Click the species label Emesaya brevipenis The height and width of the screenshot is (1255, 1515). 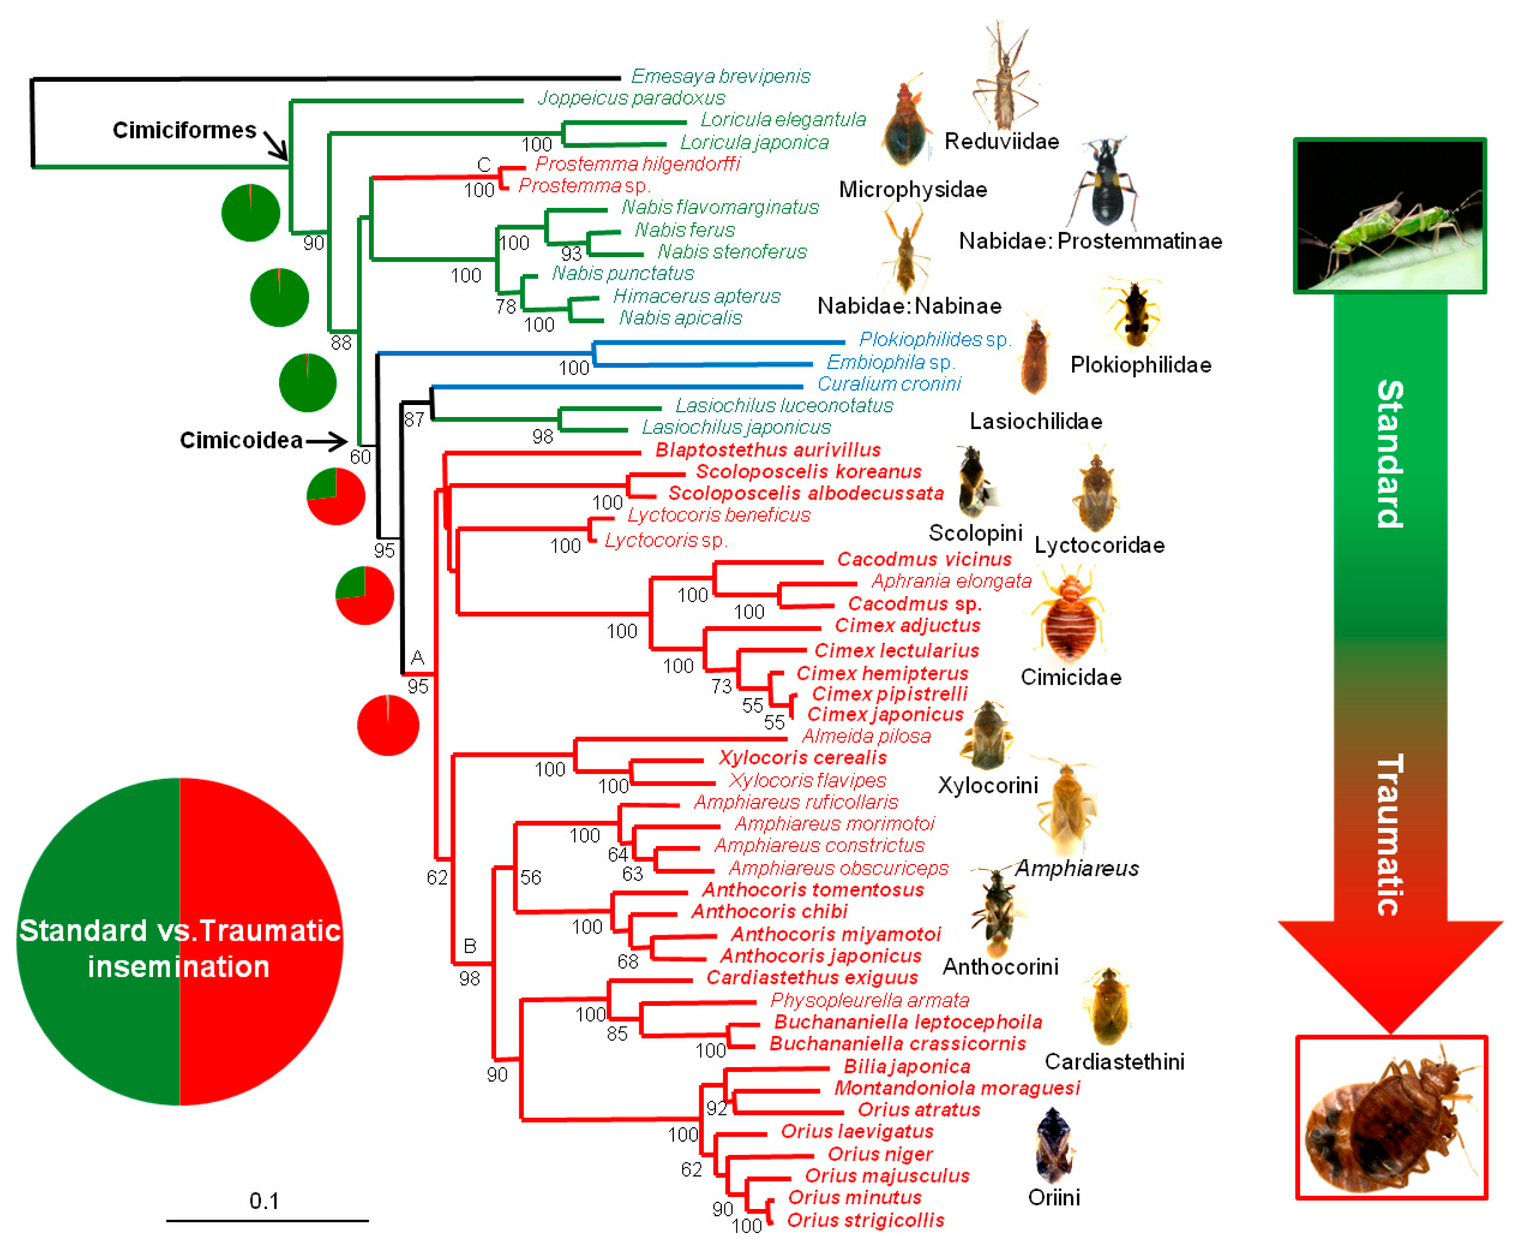pos(720,76)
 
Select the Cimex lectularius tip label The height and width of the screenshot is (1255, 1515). pos(897,650)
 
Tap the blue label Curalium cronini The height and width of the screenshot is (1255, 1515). pos(889,384)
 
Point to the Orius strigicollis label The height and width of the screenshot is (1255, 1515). pos(865,1220)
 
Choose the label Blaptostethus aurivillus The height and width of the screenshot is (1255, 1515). pos(768,450)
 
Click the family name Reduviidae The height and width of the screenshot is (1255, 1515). pos(1002,141)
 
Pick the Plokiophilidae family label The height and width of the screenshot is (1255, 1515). pos(1141,365)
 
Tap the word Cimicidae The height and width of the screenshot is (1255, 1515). pos(1071,677)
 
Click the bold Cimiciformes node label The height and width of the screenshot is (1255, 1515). pos(184,130)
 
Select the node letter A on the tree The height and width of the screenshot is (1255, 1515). pos(417,657)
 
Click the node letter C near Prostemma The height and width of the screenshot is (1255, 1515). pos(483,165)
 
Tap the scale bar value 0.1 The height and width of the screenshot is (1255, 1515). pos(264,1201)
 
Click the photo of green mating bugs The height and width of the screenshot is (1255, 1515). pos(1389,216)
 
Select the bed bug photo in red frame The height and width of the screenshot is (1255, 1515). pos(1391,1118)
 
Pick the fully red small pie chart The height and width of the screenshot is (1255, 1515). pos(388,725)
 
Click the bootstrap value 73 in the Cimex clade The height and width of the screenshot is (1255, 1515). pos(721,685)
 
